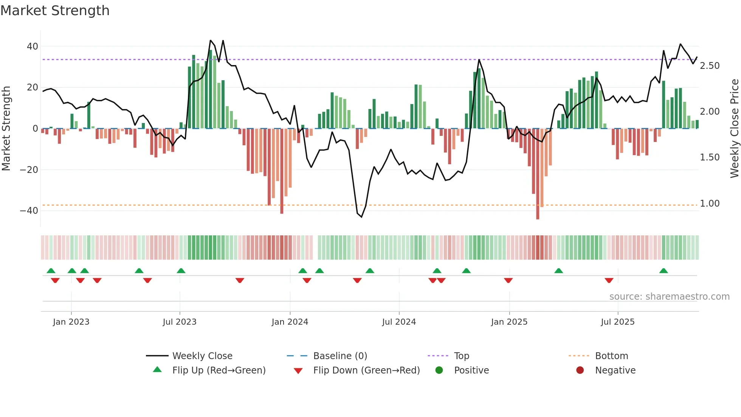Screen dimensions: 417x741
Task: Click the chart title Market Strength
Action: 55,11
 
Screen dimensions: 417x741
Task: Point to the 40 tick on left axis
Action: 33,47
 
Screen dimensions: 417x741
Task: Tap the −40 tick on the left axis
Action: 29,211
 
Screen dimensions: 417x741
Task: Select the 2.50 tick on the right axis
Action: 710,66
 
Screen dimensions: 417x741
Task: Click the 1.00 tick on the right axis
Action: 710,204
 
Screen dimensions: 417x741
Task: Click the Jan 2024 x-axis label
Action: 290,322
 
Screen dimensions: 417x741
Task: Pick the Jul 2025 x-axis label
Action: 617,322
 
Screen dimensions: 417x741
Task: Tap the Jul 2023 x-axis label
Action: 180,322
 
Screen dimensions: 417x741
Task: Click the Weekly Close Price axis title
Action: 734,128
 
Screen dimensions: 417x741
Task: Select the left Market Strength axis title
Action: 6,128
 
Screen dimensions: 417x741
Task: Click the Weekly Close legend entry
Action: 202,356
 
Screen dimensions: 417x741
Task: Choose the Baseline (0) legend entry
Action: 340,356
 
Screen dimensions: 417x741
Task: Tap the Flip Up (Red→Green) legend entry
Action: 219,370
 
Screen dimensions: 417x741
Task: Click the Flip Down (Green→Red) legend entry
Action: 366,370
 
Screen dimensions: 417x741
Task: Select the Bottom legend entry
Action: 611,356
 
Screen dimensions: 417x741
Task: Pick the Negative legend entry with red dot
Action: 615,370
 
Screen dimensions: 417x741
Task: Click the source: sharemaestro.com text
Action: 669,297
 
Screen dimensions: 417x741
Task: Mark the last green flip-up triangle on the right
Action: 663,271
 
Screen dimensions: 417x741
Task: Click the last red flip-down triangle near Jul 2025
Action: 609,280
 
